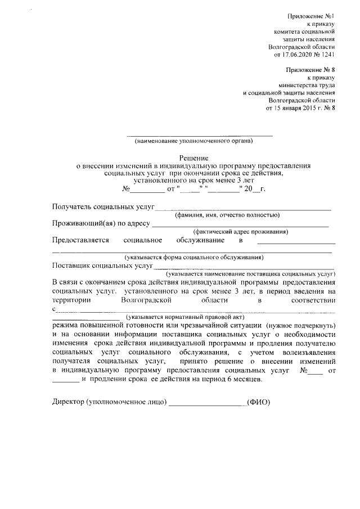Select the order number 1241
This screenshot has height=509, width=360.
point(328,55)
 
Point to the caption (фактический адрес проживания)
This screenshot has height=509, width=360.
point(241,232)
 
